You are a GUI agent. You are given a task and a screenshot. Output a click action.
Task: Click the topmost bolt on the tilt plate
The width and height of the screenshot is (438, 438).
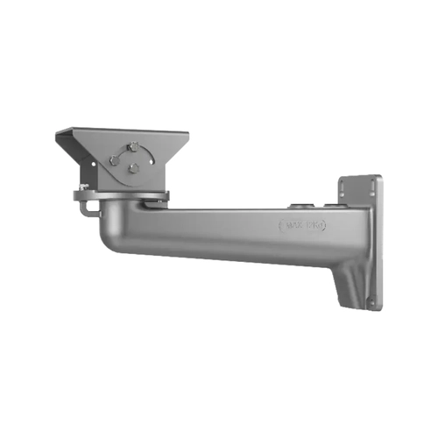point(131,145)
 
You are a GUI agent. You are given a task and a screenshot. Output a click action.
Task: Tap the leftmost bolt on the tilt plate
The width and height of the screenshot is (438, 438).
point(113,160)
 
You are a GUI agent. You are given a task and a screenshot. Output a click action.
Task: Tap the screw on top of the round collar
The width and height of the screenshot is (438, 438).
point(82,187)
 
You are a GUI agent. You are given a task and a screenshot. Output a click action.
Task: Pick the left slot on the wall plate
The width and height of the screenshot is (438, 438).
point(346,187)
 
